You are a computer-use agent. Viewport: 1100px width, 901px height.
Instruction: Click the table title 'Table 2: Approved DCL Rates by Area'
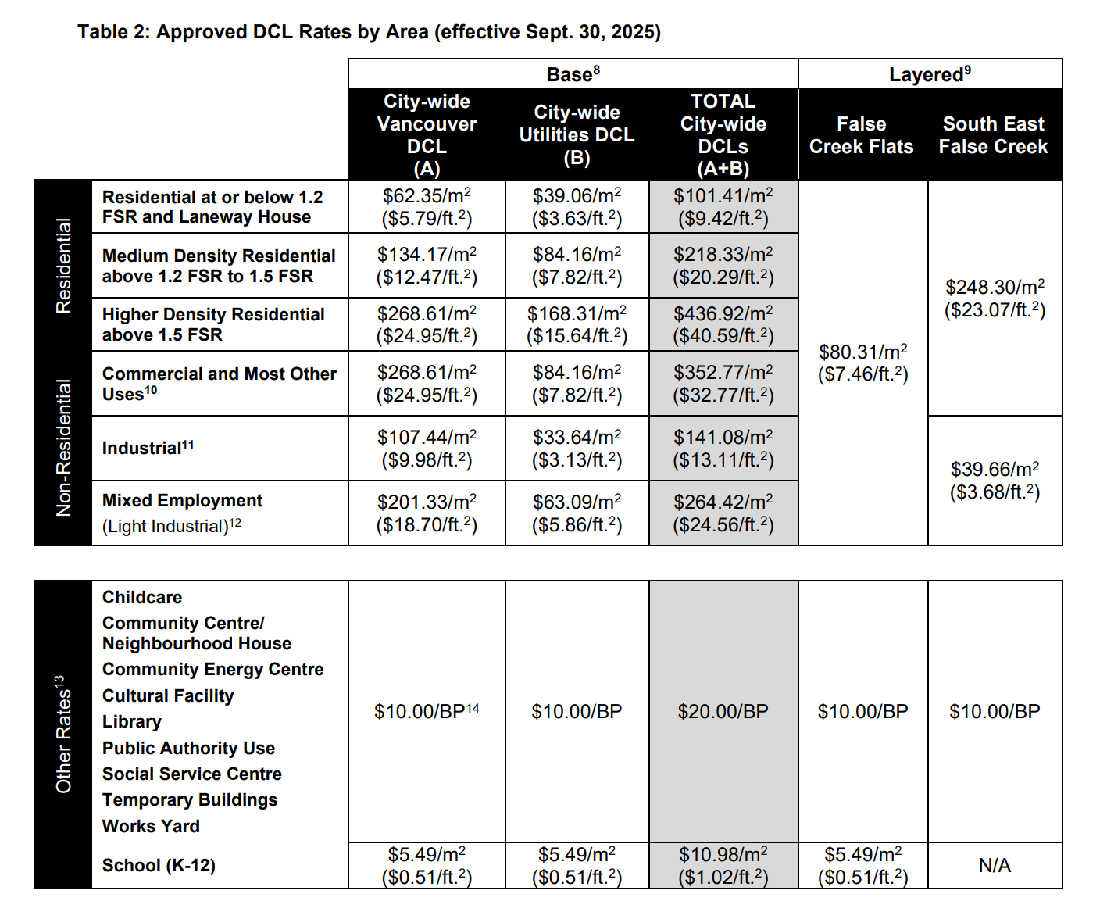(x=369, y=32)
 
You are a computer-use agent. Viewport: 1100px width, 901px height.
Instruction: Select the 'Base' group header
(x=573, y=74)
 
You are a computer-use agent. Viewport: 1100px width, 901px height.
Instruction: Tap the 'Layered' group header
(x=930, y=74)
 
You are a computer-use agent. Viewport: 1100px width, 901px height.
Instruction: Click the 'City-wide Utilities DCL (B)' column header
(x=577, y=134)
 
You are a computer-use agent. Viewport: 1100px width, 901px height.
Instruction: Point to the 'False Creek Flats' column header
(x=862, y=135)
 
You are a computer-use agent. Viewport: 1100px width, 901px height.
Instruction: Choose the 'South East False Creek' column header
(x=994, y=135)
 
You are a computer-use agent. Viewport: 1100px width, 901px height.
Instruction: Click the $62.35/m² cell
(x=427, y=206)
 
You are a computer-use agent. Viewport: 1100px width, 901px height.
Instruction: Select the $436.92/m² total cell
(x=723, y=324)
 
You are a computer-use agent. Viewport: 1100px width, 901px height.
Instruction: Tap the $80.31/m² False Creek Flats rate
(x=862, y=363)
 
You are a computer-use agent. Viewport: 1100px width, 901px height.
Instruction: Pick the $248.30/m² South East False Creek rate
(x=995, y=298)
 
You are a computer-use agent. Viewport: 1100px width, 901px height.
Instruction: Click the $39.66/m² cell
(x=995, y=480)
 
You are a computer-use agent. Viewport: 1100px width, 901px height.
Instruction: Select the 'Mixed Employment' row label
(x=182, y=501)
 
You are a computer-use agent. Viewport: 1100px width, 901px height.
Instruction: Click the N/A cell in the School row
(x=995, y=865)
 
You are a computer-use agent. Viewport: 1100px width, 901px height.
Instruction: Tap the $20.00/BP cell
(x=723, y=711)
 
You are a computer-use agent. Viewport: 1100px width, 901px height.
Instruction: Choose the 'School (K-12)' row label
(x=159, y=865)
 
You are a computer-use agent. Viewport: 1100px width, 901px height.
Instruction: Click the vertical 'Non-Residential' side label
(x=63, y=447)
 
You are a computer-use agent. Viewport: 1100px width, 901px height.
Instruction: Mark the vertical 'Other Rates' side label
(x=63, y=735)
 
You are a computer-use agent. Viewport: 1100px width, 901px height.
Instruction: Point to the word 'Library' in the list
(x=131, y=722)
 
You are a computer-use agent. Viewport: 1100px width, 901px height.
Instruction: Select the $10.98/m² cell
(x=723, y=865)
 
